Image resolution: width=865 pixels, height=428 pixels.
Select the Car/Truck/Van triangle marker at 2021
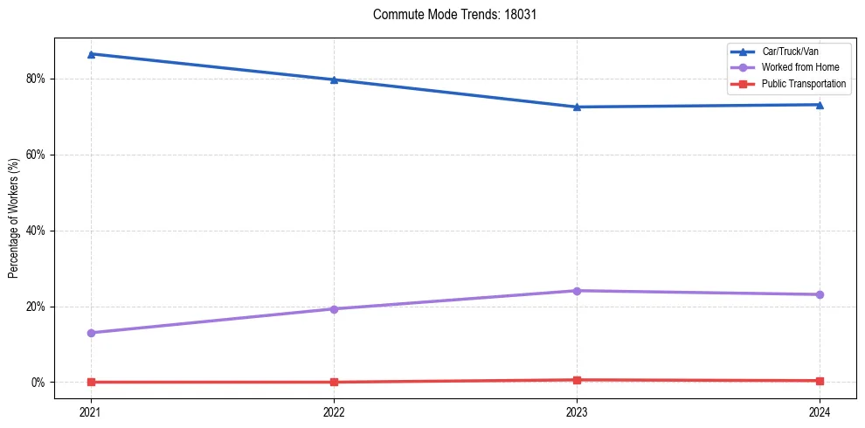pyautogui.click(x=91, y=54)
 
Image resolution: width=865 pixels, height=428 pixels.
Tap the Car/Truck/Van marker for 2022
pyautogui.click(x=334, y=79)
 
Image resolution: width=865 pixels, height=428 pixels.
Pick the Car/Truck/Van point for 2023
pyautogui.click(x=577, y=107)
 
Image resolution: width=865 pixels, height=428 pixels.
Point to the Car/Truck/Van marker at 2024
pyautogui.click(x=820, y=105)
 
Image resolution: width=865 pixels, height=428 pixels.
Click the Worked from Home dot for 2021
pyautogui.click(x=91, y=333)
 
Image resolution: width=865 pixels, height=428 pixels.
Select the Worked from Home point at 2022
pyautogui.click(x=334, y=308)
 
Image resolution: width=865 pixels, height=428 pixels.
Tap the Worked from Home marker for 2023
pyautogui.click(x=577, y=290)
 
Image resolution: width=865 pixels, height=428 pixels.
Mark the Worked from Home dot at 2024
pyautogui.click(x=820, y=294)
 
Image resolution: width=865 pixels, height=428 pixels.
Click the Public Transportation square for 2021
pyautogui.click(x=91, y=382)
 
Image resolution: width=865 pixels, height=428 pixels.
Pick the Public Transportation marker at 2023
pyautogui.click(x=577, y=380)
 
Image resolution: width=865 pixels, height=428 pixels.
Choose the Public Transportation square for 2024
pyautogui.click(x=820, y=381)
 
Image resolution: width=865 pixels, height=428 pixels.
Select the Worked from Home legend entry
pyautogui.click(x=799, y=67)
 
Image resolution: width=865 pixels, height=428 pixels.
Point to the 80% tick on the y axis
pyautogui.click(x=35, y=79)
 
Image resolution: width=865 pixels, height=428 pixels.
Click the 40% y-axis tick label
pyautogui.click(x=35, y=231)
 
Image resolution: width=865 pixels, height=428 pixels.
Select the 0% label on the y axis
pyautogui.click(x=38, y=383)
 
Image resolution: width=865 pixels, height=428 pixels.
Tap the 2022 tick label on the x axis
pyautogui.click(x=334, y=411)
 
